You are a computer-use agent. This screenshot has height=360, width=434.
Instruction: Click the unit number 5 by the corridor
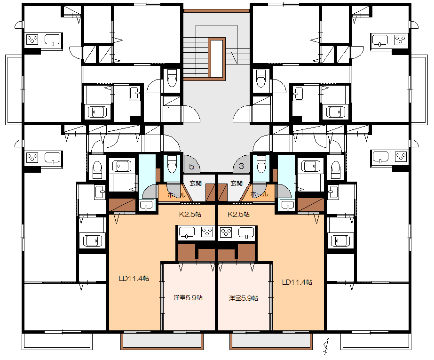[191, 167]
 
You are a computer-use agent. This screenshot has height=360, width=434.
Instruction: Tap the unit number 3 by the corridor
[241, 166]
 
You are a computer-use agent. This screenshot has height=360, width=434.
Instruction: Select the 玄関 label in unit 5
[196, 184]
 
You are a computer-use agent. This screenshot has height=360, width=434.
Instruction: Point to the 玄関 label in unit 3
[237, 184]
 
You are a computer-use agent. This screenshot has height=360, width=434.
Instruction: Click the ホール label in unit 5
[176, 195]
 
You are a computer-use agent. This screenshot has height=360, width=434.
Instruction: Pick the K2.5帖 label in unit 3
[238, 214]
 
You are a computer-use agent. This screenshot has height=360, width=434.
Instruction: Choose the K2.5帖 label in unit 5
[190, 214]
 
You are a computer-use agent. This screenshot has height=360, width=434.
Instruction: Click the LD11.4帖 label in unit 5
[134, 278]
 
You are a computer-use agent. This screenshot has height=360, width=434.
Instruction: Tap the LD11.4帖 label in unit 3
[297, 282]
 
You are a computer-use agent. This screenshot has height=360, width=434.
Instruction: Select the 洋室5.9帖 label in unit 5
[188, 298]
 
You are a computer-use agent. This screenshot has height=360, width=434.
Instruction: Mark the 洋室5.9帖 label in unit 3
[244, 298]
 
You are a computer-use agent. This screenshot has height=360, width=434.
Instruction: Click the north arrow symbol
[326, 346]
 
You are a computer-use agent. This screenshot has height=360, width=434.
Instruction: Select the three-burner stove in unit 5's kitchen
[207, 232]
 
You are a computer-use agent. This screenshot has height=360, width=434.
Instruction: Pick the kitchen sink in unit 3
[246, 232]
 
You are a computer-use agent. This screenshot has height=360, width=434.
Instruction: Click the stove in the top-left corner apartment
[32, 40]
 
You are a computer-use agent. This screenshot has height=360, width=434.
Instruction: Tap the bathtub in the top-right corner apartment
[336, 112]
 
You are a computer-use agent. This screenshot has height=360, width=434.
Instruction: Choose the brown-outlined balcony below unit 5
[162, 341]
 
